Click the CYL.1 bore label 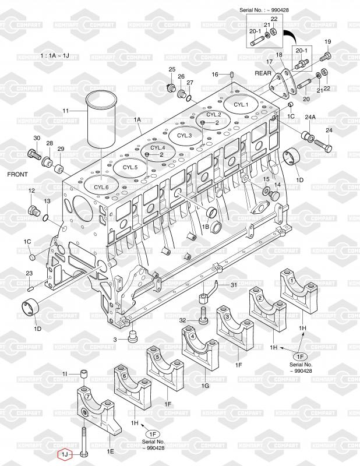241,105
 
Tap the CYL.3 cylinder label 184,136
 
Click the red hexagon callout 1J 65,454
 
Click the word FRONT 17,174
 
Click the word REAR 263,73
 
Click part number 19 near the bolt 327,42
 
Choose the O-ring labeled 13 45,218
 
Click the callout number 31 234,285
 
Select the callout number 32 182,320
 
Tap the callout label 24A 310,118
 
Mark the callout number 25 172,69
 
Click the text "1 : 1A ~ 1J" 55,55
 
